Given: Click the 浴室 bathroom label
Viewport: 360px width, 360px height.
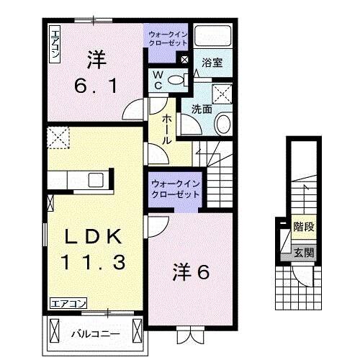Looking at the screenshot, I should coord(212,63).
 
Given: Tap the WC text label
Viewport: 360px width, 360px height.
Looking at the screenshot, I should coord(158,80).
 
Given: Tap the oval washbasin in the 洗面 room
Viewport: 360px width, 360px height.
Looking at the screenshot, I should coord(222,124).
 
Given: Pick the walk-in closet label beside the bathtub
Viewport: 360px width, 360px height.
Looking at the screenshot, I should coord(167,37).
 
